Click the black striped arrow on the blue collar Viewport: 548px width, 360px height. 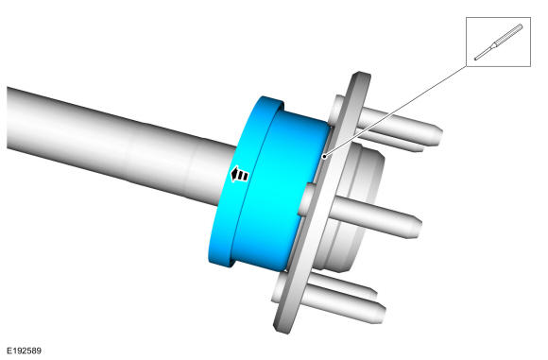239,174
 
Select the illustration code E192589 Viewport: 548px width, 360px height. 25,351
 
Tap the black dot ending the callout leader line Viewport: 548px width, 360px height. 324,156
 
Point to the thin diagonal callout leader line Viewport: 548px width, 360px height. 395,111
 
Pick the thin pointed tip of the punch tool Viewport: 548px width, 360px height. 475,59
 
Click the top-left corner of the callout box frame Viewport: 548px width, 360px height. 466,17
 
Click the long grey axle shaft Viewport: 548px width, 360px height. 119,144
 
